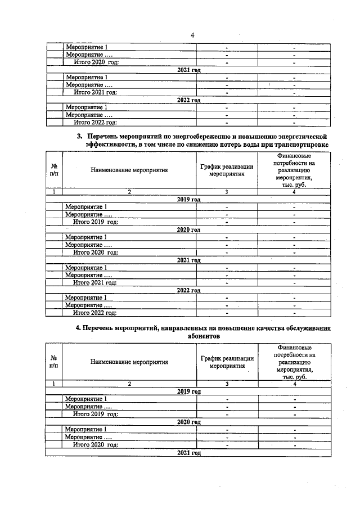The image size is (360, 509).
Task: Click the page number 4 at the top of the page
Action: [192, 35]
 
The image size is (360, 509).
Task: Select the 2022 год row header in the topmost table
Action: [188, 100]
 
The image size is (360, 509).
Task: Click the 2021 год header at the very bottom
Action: [188, 452]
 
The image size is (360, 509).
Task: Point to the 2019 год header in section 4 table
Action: [188, 391]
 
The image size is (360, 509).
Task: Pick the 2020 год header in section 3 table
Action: [188, 229]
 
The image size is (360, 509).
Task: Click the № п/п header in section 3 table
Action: [53, 170]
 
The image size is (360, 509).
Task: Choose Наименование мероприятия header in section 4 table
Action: [129, 362]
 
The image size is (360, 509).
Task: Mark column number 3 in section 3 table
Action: [227, 192]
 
